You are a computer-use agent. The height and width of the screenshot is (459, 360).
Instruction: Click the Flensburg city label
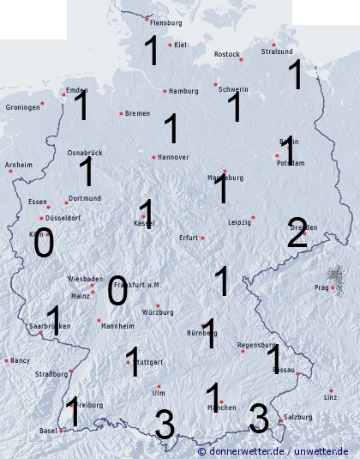166,22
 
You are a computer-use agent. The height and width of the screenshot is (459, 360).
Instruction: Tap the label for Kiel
181,45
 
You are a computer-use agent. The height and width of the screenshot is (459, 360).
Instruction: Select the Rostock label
227,54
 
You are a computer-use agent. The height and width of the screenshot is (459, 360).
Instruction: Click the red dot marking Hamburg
165,91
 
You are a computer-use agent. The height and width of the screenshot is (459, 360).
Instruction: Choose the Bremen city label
137,113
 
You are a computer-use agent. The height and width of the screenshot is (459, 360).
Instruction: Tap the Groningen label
23,107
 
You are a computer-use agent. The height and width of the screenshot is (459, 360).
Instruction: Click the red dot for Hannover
153,157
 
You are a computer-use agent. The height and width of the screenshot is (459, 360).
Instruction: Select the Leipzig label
240,221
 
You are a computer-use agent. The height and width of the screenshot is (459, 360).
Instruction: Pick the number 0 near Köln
43,245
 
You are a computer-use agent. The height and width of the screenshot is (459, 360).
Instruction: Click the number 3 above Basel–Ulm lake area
164,424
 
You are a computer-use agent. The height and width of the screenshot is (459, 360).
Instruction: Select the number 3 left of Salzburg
259,419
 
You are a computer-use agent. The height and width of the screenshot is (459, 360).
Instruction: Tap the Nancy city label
20,361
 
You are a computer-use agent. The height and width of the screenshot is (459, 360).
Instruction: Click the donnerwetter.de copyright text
273,451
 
